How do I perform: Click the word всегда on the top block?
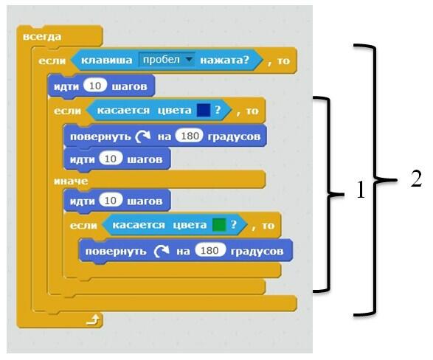point(42,37)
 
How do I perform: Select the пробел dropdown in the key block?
point(167,60)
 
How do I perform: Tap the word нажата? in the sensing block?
point(225,60)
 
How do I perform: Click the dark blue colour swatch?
point(204,110)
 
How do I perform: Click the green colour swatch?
point(219,225)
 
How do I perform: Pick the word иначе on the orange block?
point(71,181)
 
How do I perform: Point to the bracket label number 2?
point(416,179)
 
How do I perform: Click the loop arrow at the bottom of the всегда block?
point(93,320)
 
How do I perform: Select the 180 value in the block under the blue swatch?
point(190,136)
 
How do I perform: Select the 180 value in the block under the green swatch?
point(209,250)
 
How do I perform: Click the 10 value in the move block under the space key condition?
point(95,86)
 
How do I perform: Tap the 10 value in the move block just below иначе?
point(111,201)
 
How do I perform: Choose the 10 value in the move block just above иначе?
point(111,159)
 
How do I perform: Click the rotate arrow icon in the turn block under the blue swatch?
point(143,136)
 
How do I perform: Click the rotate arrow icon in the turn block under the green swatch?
point(162,251)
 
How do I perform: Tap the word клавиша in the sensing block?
point(107,60)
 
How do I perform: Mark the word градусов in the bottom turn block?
point(257,252)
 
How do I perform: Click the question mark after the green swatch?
point(234,224)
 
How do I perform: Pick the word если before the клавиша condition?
point(52,60)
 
